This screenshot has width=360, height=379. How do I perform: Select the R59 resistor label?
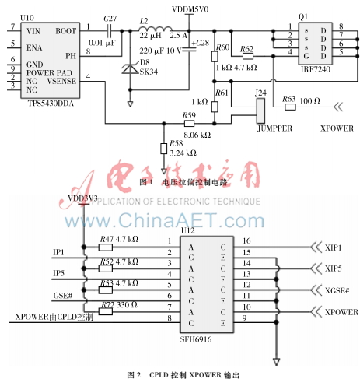coord(188,115)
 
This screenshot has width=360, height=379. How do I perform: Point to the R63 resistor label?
coord(288,99)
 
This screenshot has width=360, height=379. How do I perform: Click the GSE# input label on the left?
coord(62,297)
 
